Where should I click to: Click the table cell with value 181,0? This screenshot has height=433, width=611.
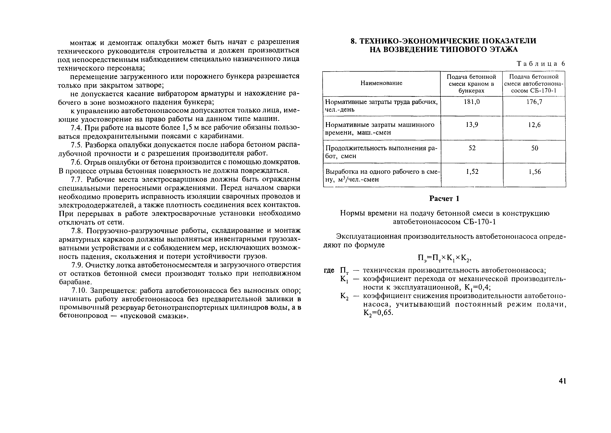click(x=472, y=102)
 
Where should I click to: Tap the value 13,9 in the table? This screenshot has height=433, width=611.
click(x=472, y=125)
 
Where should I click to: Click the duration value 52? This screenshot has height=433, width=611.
click(x=472, y=148)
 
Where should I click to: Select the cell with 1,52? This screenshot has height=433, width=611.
click(x=472, y=172)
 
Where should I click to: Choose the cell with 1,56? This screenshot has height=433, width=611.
click(x=534, y=172)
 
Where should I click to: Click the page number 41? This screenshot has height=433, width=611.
click(x=562, y=381)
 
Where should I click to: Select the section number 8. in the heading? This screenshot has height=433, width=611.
click(x=353, y=41)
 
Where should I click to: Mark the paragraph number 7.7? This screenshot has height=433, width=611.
click(x=77, y=179)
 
